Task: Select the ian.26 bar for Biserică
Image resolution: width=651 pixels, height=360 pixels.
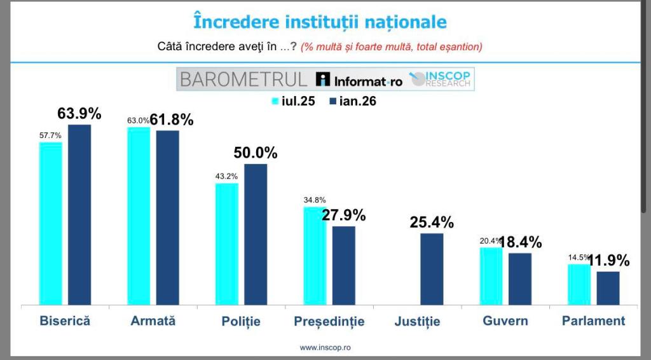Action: point(79,215)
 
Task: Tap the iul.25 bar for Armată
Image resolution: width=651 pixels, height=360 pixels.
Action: point(139,216)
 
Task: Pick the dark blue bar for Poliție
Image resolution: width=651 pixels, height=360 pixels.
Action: point(256,235)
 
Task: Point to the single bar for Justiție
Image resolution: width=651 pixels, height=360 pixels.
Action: point(432,269)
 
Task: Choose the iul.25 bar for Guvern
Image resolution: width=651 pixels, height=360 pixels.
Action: point(491,276)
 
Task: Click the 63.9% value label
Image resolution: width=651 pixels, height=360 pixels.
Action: point(79,114)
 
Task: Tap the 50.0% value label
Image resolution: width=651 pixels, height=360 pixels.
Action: point(256,153)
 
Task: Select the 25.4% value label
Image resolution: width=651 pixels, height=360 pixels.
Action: point(432,223)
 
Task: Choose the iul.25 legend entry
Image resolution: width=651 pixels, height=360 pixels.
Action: point(296,101)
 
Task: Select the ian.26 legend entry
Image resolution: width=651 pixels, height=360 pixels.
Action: point(353,101)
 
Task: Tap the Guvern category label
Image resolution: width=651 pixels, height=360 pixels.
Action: point(505,321)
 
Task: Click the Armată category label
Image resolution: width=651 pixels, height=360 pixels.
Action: point(153,321)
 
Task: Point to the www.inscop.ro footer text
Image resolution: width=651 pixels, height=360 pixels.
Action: point(325,347)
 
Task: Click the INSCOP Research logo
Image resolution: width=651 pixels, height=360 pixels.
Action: point(441,79)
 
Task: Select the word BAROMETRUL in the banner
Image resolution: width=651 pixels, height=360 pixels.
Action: point(243,80)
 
